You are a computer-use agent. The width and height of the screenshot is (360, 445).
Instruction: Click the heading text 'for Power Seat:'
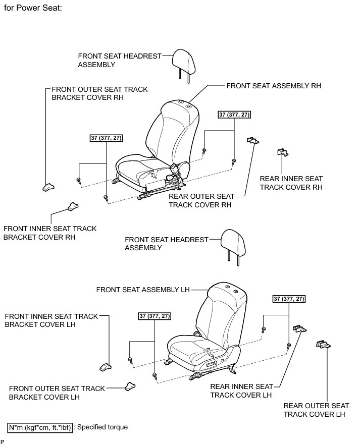pos(33,9)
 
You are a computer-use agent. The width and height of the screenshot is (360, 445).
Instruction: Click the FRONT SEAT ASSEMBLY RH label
pos(274,86)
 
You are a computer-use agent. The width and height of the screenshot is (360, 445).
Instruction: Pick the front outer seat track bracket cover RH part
pos(48,187)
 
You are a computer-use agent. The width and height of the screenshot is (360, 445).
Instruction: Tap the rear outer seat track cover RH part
pos(252,141)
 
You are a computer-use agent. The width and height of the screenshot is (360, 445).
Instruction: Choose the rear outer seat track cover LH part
pos(323,344)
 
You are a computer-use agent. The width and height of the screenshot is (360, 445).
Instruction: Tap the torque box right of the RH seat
pos(234,115)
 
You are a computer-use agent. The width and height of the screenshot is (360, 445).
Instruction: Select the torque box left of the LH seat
pos(155,316)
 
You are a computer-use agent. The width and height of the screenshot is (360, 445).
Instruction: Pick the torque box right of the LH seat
pos(289,299)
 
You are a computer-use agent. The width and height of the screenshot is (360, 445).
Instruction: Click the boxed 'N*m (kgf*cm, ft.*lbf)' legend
pos(40,427)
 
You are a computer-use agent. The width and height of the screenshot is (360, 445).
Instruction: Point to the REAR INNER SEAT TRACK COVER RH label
pos(291,183)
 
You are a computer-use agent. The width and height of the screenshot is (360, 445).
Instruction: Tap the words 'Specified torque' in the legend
pos(103,427)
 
